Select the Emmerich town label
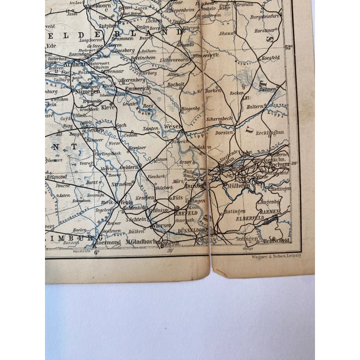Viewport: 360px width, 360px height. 135,88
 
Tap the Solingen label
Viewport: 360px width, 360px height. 247,239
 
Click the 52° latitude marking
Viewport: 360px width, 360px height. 289,47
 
